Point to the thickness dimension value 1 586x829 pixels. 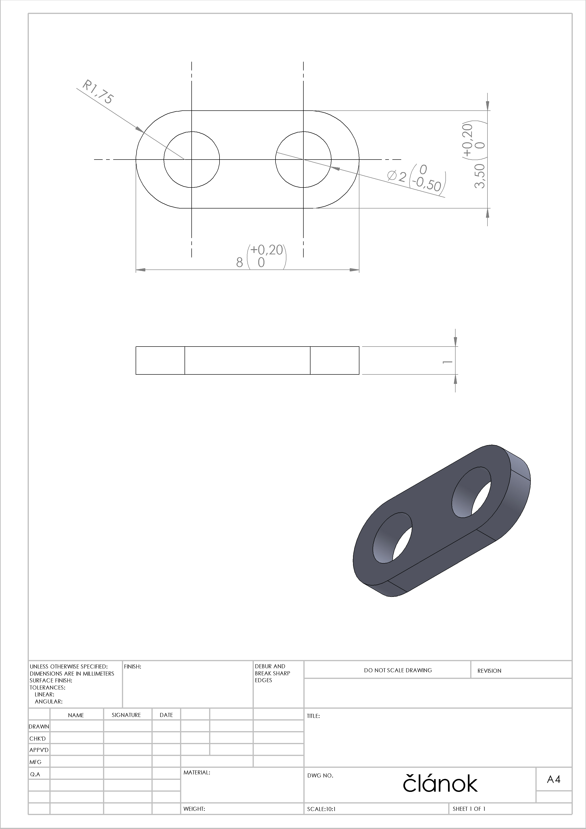[448, 361]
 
